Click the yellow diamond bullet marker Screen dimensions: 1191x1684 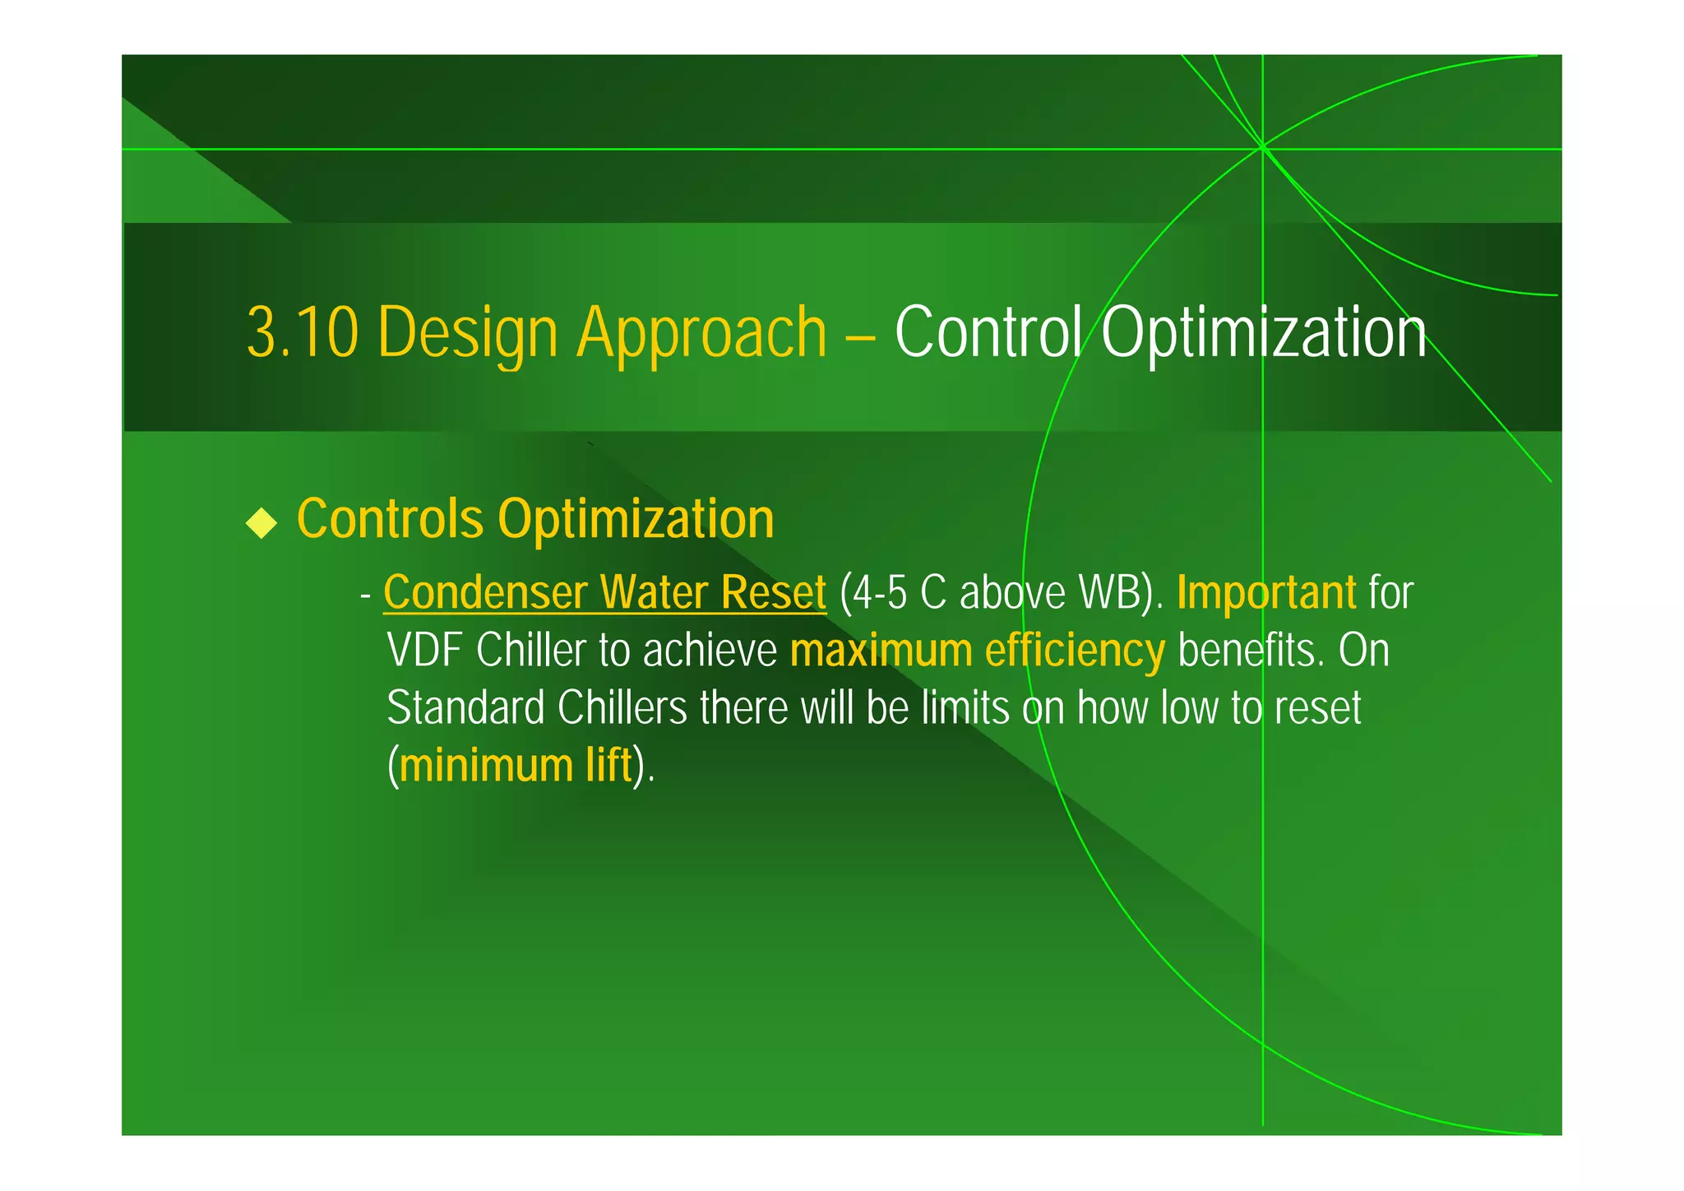261,522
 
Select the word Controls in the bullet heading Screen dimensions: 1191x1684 390,519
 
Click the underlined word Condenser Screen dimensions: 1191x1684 485,592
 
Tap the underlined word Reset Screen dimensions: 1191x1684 773,592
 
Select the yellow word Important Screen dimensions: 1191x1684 1266,592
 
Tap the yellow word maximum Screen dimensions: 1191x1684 881,651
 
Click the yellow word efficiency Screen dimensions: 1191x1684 1075,651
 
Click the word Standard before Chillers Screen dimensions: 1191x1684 465,708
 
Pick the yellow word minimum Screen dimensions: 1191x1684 486,766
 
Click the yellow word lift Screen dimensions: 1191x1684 608,766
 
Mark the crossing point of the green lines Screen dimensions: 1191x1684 1262,148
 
